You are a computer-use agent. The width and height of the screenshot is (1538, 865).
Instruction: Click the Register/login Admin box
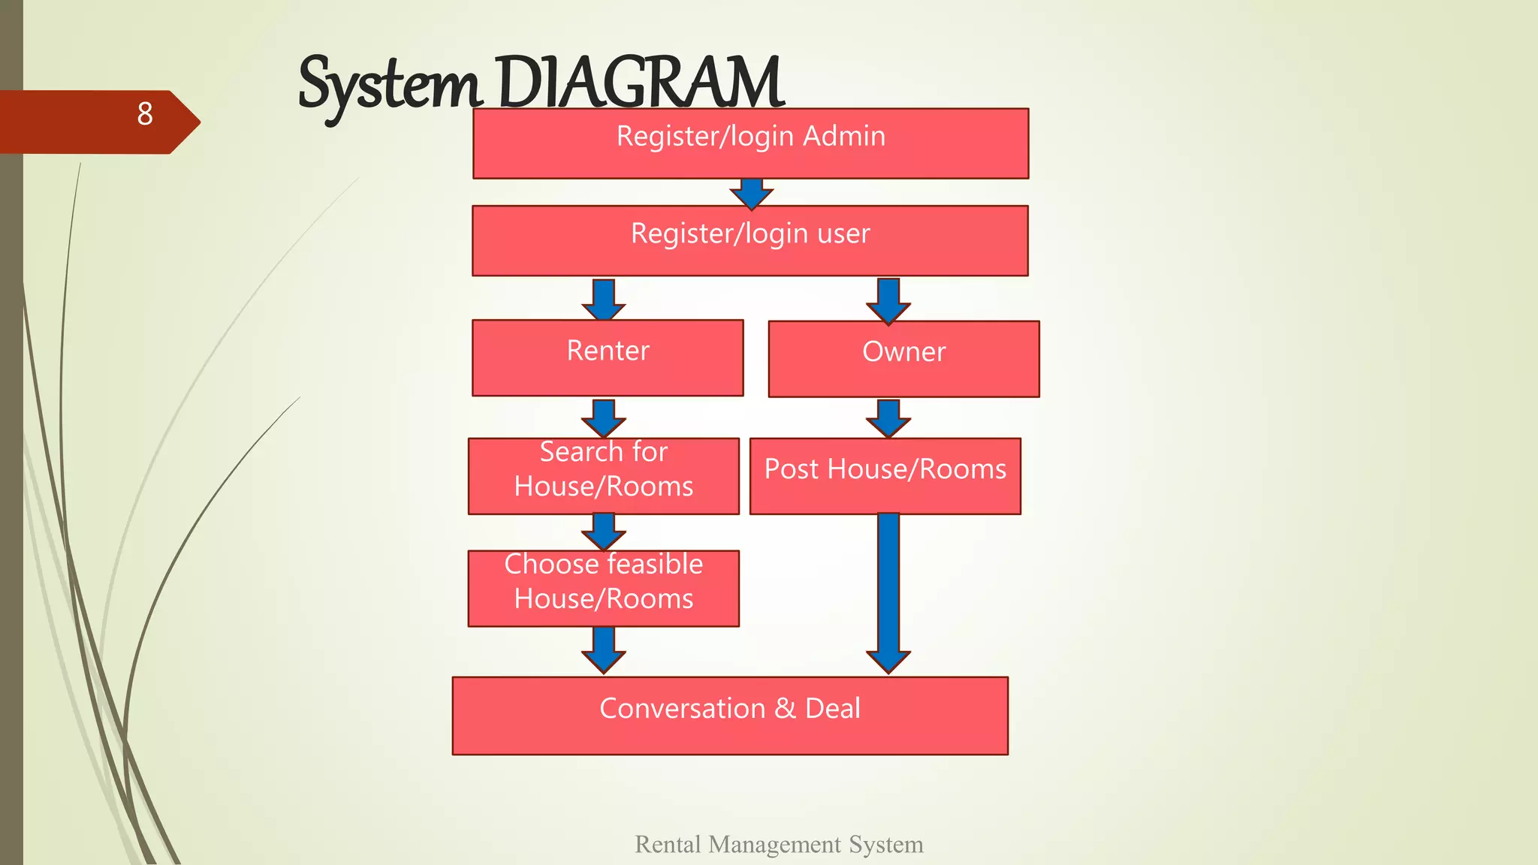click(x=750, y=143)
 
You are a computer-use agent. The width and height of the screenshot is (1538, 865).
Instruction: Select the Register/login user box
click(x=749, y=240)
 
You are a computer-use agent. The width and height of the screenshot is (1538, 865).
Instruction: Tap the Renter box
click(x=608, y=357)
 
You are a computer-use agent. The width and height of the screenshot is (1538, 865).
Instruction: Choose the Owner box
click(x=903, y=359)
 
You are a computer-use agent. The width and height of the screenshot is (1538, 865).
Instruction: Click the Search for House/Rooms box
click(x=603, y=476)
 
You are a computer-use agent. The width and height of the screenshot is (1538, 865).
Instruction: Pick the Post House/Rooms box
click(x=885, y=476)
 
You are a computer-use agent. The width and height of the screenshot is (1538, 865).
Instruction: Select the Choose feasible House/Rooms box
click(x=603, y=588)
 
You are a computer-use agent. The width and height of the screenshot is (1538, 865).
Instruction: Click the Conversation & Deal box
click(x=729, y=716)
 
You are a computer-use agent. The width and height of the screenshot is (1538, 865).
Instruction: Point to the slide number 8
click(x=145, y=114)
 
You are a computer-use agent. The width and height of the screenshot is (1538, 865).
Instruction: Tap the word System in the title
click(x=388, y=84)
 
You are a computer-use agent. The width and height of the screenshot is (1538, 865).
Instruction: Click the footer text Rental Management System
click(x=779, y=844)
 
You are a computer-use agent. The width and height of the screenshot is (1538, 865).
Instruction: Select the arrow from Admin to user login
click(x=751, y=193)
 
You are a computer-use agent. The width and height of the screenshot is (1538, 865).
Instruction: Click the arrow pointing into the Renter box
click(x=604, y=300)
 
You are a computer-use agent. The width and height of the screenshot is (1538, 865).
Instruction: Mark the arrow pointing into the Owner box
click(x=888, y=300)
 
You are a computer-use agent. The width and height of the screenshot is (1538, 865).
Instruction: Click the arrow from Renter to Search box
click(x=604, y=417)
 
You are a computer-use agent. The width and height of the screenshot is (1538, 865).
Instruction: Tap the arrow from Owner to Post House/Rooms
click(x=888, y=417)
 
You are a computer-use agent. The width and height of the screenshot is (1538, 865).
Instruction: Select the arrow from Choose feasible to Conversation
click(x=604, y=649)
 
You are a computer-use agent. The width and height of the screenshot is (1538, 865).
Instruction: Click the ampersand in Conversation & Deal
click(x=785, y=708)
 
